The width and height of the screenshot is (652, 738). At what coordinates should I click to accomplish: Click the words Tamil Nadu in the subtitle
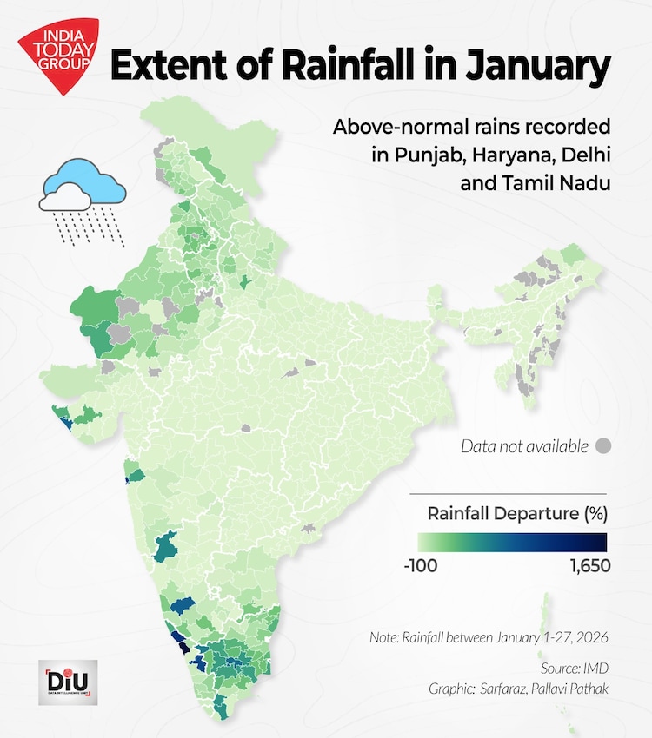[566, 183]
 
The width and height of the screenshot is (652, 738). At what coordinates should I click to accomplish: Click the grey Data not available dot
[602, 447]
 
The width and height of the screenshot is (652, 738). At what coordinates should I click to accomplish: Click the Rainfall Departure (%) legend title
[517, 513]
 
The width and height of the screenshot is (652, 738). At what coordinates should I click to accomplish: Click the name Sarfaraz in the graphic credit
[507, 689]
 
